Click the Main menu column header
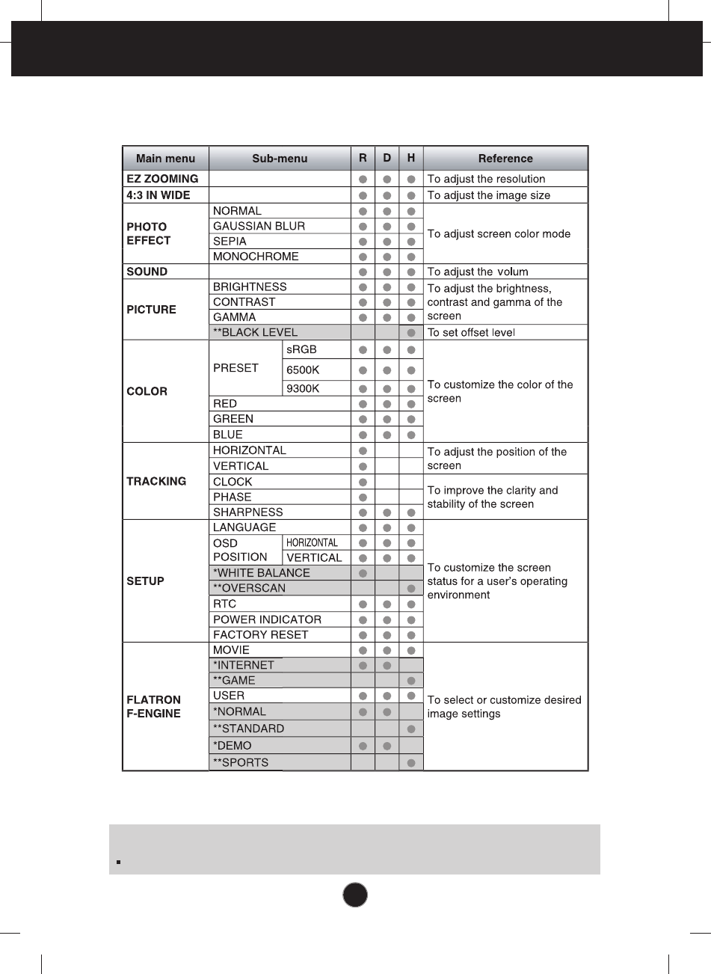165,159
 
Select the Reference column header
505,159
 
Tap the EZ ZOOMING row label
162,179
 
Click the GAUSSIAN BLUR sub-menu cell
259,226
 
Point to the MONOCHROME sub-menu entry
256,257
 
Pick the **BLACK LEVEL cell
255,332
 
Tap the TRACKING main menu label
156,481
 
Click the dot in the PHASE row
363,497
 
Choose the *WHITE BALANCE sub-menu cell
261,573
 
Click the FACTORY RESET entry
260,634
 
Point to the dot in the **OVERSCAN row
411,589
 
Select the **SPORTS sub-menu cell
240,763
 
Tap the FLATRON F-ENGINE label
153,707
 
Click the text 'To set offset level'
471,332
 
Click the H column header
411,158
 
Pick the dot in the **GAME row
411,681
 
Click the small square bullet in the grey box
118,862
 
